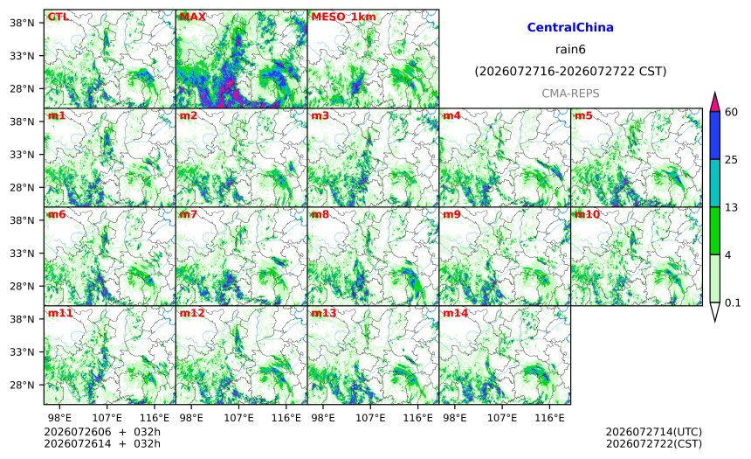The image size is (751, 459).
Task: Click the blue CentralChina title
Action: pos(570,27)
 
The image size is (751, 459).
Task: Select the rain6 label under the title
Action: pos(570,50)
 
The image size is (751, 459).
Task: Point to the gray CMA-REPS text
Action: pos(570,94)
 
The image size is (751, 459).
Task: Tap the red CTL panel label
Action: pos(58,17)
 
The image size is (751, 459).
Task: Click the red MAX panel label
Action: pos(192,17)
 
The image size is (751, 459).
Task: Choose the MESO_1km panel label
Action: pos(343,17)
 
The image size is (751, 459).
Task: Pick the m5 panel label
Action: pos(583,115)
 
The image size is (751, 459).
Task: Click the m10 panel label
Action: pos(587,214)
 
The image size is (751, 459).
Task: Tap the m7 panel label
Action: pos(189,214)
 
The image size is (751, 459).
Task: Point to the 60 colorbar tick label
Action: pos(732,112)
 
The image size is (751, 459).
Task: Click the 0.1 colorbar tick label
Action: pos(733,303)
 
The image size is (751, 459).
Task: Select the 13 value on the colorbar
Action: pos(731,207)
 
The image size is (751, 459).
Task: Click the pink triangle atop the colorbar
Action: pos(714,101)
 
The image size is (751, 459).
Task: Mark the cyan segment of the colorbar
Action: pos(714,184)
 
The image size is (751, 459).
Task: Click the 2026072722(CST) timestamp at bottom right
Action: pos(654,443)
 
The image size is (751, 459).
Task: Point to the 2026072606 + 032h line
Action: pos(102,432)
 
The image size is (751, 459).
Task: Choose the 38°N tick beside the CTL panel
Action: pos(22,23)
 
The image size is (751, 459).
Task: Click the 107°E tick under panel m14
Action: pos(502,418)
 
